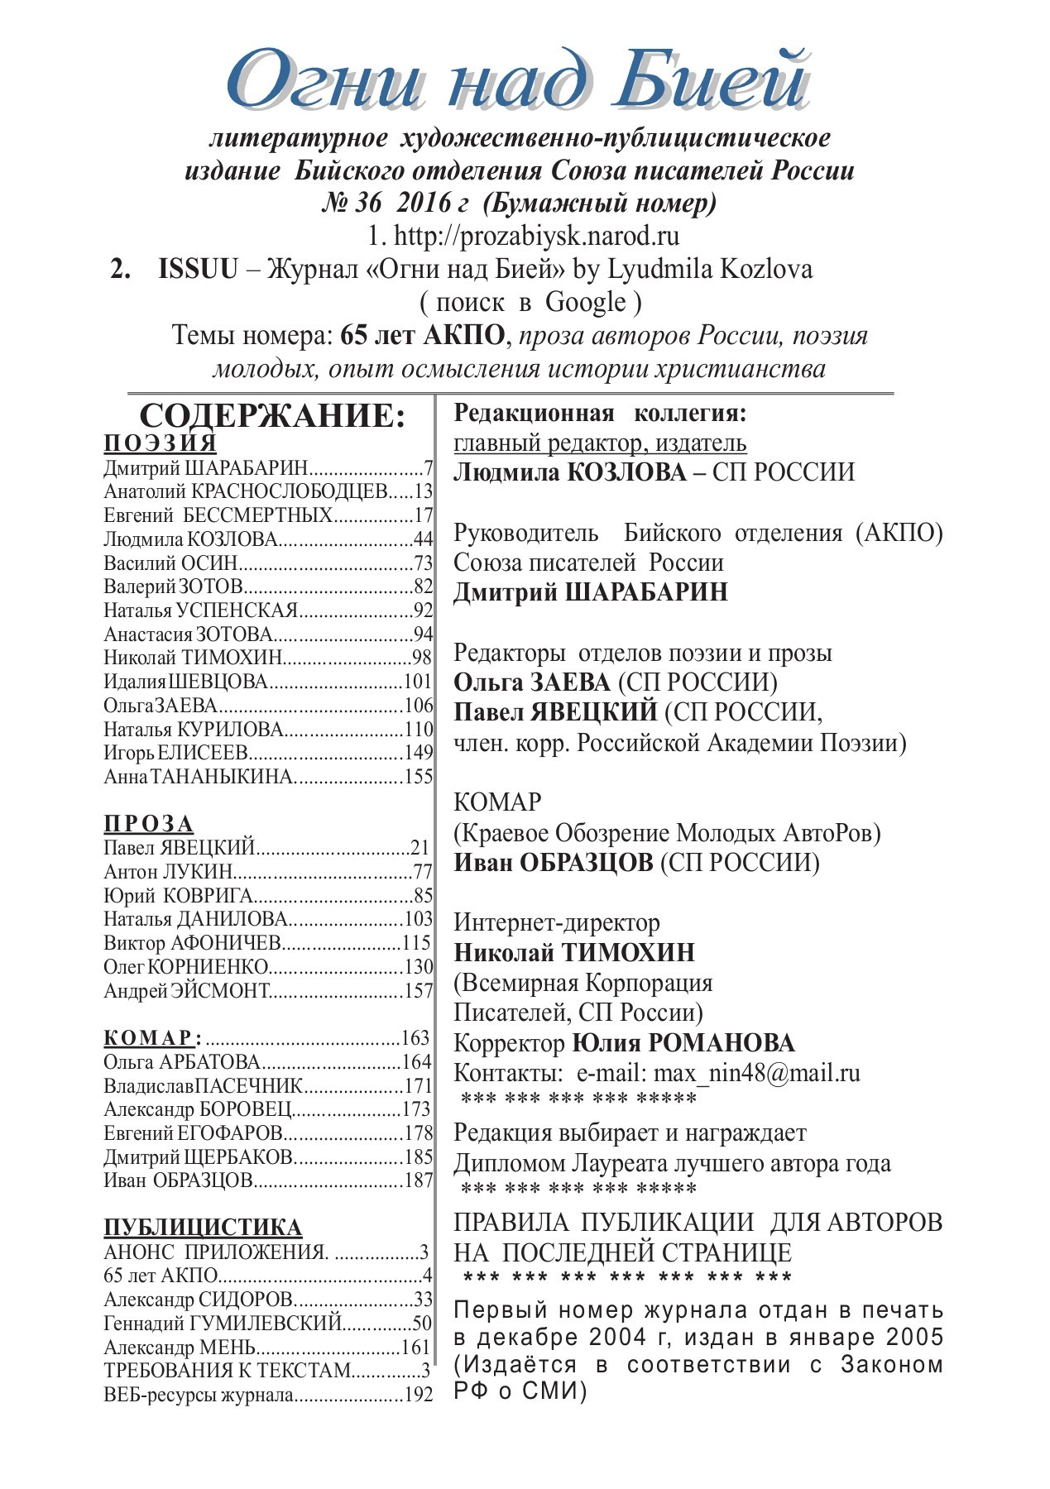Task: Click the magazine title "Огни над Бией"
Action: point(517,81)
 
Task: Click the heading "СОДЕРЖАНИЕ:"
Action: point(272,416)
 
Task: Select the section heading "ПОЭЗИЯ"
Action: point(161,443)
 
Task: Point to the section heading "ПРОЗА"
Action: point(149,824)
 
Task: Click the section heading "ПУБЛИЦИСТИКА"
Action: point(203,1227)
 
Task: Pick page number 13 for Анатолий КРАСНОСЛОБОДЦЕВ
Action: point(424,492)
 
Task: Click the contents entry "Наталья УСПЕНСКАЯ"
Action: point(200,611)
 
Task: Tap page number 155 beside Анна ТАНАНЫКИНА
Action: point(419,777)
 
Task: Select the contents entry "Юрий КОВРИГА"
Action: point(178,896)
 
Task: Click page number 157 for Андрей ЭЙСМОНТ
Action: point(419,991)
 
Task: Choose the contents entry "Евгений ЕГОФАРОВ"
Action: point(194,1133)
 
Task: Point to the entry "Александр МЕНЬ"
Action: point(180,1348)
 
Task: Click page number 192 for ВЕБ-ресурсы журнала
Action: point(419,1396)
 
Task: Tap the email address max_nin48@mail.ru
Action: point(756,1074)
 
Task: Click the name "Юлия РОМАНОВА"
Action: point(683,1043)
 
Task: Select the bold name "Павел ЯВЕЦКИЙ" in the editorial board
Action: point(555,712)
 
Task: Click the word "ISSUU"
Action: point(198,270)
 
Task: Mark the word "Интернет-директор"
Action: point(557,922)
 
